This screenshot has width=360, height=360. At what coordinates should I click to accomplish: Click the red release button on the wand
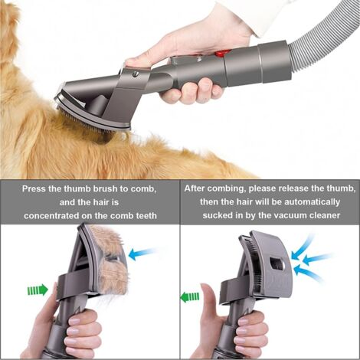[220, 54]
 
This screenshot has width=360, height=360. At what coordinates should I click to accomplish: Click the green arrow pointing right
[38, 290]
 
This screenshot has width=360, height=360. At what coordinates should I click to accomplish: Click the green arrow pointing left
[190, 296]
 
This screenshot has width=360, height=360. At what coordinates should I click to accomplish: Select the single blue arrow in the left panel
[142, 254]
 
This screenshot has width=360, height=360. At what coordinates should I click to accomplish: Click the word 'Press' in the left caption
[34, 189]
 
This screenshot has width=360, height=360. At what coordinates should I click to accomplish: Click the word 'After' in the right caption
[195, 188]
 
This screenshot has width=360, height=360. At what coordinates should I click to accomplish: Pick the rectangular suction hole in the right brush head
[277, 263]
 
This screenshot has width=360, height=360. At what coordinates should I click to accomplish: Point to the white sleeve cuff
[268, 15]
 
